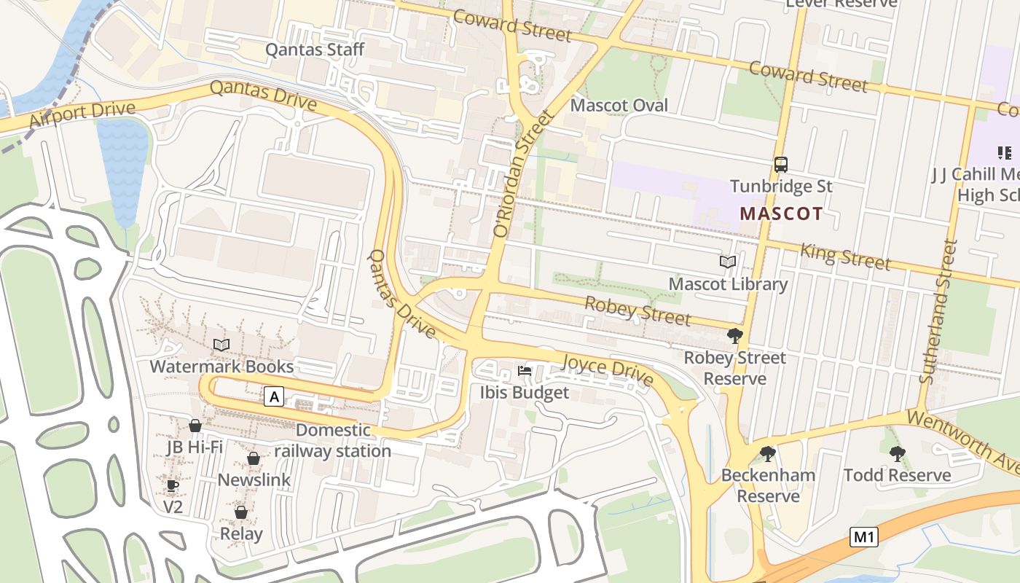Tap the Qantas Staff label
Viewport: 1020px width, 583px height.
(314, 50)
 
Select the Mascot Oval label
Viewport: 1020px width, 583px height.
(619, 105)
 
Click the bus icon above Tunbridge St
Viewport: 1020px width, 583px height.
(781, 164)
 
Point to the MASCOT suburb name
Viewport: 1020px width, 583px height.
(781, 214)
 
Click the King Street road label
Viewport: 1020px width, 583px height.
(845, 256)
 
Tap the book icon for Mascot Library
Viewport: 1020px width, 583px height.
(727, 262)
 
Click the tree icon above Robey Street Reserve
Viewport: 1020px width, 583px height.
(734, 336)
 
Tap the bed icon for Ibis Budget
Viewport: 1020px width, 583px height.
(524, 371)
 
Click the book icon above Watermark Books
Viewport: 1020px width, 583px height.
(221, 345)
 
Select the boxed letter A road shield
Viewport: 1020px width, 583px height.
(274, 396)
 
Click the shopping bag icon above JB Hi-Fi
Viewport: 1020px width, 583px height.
(195, 426)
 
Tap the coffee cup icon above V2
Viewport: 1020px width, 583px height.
(173, 485)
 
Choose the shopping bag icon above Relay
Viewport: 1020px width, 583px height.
(241, 513)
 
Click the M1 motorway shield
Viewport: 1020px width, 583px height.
(863, 538)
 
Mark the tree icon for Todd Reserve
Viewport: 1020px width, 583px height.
(897, 453)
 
